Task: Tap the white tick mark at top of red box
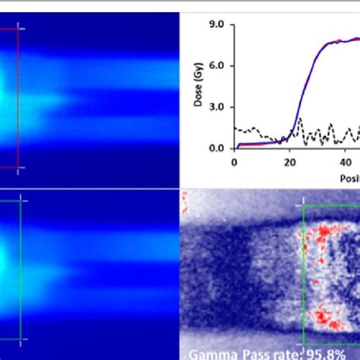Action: [x=21, y=29]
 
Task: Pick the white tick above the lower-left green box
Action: [x=21, y=201]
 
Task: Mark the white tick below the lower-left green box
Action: [x=21, y=339]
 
